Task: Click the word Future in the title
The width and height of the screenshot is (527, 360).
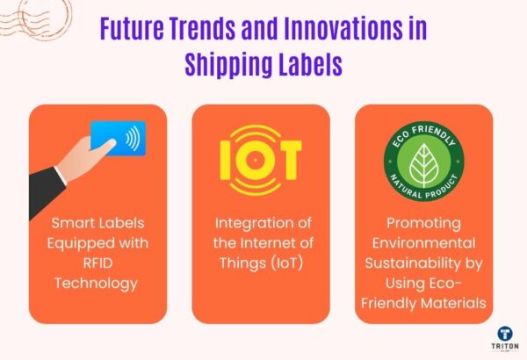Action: tap(129, 29)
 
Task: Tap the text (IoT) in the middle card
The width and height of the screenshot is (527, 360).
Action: tap(293, 261)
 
